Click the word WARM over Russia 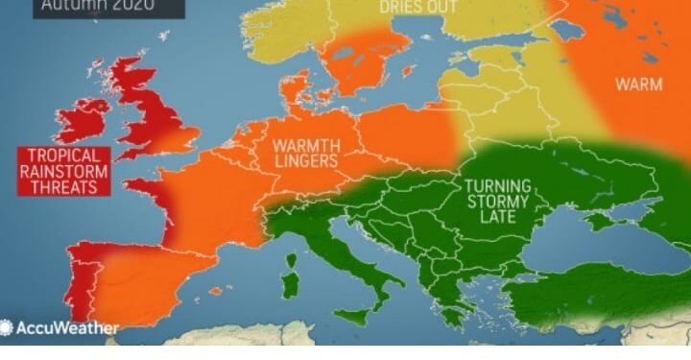(x=638, y=84)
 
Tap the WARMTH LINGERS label (x=306, y=154)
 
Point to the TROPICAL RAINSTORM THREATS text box (x=63, y=172)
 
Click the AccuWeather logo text (x=66, y=328)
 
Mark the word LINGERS (x=306, y=162)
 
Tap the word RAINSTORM (x=63, y=172)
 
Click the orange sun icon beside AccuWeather (x=7, y=328)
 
